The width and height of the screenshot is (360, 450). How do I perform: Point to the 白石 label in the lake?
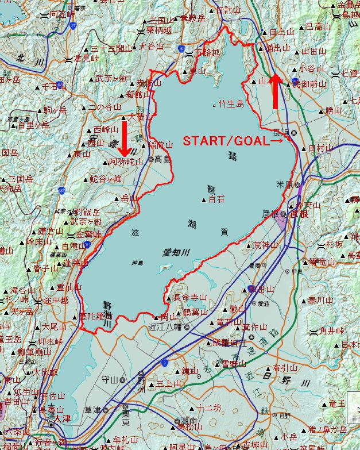pos(216,199)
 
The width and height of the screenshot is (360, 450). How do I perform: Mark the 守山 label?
pos(110,379)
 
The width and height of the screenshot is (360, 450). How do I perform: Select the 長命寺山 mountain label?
pos(189,297)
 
